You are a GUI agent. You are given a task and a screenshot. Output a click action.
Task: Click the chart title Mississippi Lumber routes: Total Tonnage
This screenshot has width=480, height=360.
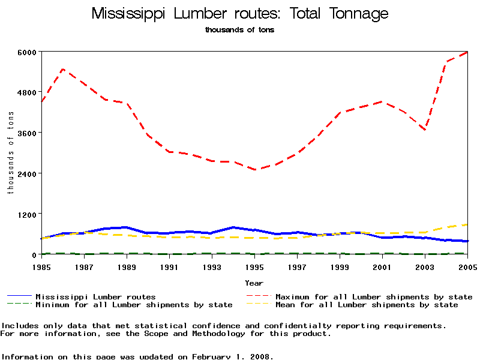[x=240, y=14]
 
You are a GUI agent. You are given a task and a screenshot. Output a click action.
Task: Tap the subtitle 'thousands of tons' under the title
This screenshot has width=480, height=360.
[x=239, y=30]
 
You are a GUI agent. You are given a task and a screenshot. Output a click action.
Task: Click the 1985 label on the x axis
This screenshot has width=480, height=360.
[x=41, y=266]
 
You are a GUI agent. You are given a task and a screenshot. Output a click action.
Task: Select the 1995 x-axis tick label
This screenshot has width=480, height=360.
[x=254, y=266]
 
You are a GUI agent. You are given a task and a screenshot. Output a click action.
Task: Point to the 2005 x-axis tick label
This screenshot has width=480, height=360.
[x=467, y=266]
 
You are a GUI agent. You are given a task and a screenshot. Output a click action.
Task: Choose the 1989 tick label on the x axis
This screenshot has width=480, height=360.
[x=127, y=266]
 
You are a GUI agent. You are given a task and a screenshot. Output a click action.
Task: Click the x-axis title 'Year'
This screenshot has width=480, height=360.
[x=254, y=283]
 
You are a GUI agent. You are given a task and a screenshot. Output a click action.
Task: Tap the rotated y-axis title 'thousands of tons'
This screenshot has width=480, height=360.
[x=10, y=153]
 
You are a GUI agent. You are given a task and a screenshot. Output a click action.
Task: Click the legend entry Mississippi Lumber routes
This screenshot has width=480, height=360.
[x=95, y=297]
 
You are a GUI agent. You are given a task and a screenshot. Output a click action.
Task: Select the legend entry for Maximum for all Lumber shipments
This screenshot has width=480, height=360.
[x=373, y=297]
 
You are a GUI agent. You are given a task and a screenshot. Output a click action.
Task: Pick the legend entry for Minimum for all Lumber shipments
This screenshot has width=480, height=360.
[x=134, y=305]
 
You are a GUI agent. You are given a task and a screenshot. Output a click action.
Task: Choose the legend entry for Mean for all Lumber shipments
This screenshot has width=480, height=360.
[x=366, y=305]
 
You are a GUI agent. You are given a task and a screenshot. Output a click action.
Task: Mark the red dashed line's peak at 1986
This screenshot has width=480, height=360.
[x=63, y=70]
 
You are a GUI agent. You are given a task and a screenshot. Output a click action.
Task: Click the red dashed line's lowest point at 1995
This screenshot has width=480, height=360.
[x=255, y=170]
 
